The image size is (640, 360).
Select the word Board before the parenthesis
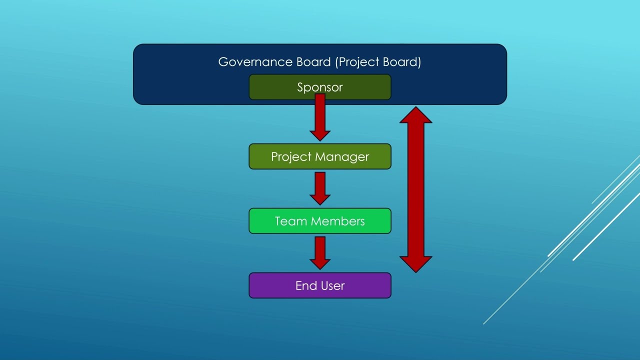(313, 62)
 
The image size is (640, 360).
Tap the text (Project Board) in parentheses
(378, 62)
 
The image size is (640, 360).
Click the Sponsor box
(320, 87)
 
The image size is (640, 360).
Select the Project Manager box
(320, 156)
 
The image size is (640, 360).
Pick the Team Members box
(320, 221)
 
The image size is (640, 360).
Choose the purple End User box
(320, 285)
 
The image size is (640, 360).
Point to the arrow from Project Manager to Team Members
(320, 187)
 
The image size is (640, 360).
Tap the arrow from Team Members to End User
(320, 251)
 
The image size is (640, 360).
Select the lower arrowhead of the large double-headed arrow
(416, 263)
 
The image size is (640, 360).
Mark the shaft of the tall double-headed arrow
(416, 190)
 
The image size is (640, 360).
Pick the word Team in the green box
(290, 221)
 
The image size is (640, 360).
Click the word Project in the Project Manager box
(290, 157)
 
